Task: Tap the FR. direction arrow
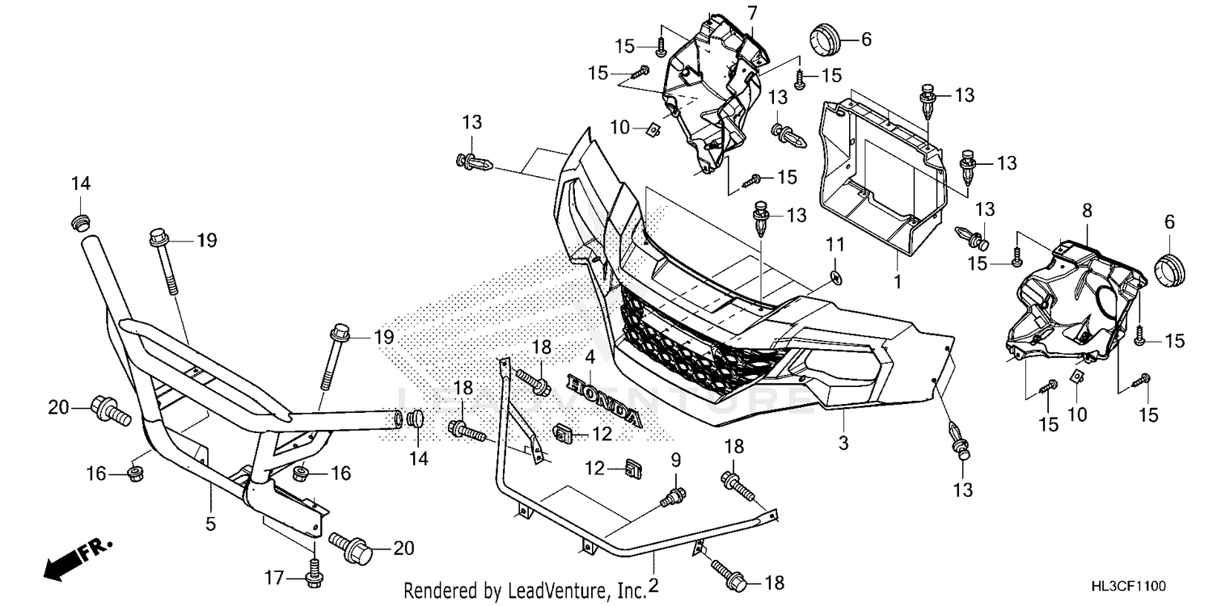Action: point(78,559)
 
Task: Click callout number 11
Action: point(835,245)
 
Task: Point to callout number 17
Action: point(274,579)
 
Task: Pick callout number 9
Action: point(676,461)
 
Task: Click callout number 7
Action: point(752,13)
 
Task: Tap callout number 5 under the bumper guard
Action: point(210,524)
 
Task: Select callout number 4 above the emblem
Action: point(590,356)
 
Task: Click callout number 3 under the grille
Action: point(843,443)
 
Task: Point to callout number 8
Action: point(1088,210)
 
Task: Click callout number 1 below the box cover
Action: point(898,282)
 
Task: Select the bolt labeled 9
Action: point(673,498)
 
